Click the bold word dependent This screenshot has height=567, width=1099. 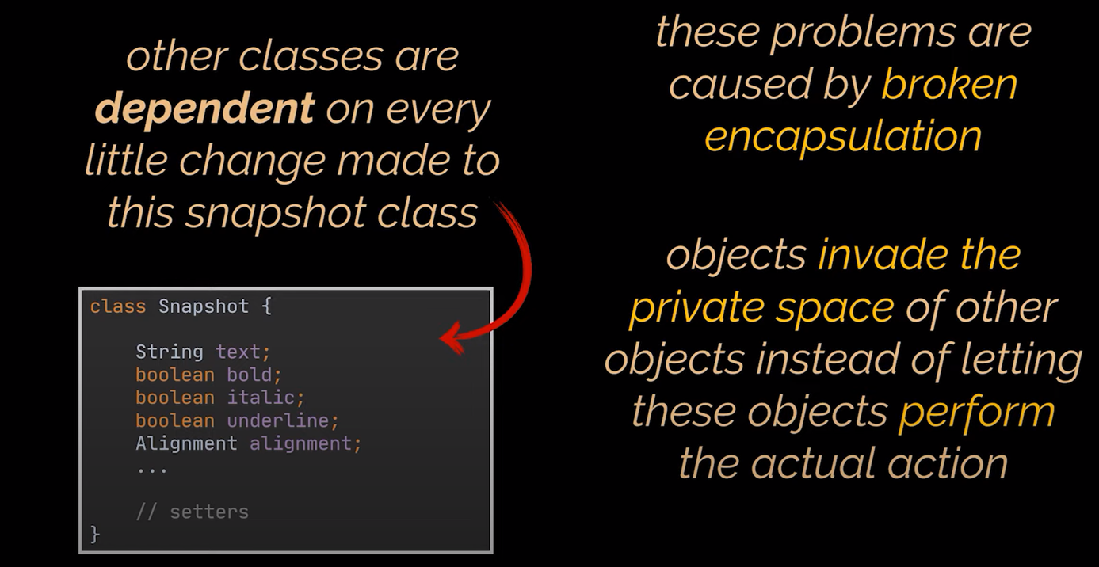pos(204,108)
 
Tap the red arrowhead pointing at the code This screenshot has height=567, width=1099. pos(454,338)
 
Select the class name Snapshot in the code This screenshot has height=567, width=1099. pos(204,306)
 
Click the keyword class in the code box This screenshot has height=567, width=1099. pos(118,306)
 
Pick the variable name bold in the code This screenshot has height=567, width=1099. pos(250,375)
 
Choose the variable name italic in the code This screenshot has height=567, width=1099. pos(261,398)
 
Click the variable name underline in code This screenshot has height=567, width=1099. pos(277,420)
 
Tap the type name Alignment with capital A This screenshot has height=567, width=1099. pos(186,443)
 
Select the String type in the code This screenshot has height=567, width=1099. pos(170,352)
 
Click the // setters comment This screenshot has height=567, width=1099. pos(193,512)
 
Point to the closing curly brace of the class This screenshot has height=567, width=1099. pos(95,535)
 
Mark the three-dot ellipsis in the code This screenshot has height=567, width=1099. pos(152,470)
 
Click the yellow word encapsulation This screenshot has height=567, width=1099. pos(843,137)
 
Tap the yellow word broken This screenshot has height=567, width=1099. pos(949,84)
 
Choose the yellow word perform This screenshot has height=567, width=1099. pos(977,413)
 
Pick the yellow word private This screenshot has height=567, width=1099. pos(696,308)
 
